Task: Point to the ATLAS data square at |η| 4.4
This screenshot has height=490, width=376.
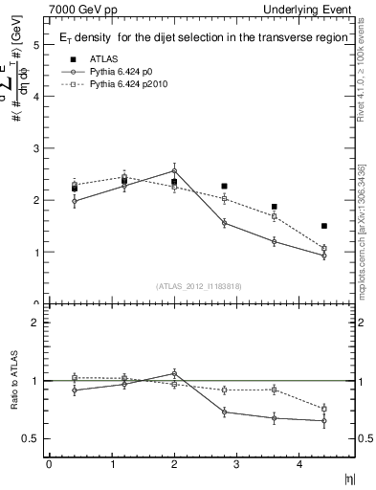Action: click(324, 226)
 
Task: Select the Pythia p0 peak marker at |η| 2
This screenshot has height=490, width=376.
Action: click(174, 170)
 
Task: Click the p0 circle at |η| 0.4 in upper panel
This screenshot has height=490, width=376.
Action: click(75, 201)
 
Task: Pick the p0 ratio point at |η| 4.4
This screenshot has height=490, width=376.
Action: click(324, 421)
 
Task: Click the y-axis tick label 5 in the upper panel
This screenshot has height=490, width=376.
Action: click(35, 45)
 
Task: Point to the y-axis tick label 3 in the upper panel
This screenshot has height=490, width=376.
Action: click(35, 149)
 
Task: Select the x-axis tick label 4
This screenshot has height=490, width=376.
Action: click(299, 465)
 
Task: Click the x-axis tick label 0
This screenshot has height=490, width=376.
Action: click(49, 465)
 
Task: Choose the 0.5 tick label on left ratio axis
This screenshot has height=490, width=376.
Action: click(29, 439)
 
